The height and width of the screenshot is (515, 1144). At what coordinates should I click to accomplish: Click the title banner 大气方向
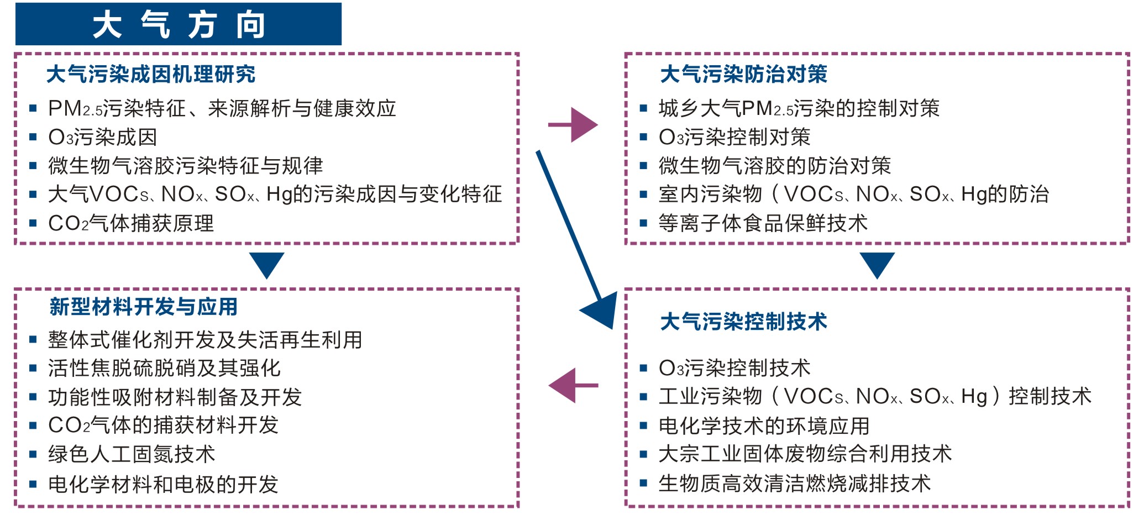tap(178, 24)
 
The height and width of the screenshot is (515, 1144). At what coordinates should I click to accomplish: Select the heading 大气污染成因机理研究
tap(151, 74)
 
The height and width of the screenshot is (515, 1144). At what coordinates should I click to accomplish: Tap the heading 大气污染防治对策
tap(744, 74)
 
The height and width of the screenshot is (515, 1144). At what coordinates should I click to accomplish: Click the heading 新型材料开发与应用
tap(144, 307)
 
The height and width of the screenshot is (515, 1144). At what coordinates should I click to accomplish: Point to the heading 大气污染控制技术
tap(744, 322)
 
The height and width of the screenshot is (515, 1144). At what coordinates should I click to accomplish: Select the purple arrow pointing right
tap(573, 125)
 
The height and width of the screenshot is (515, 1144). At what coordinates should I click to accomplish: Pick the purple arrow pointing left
tap(573, 385)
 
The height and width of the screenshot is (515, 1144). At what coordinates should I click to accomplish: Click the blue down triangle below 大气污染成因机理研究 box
tap(267, 265)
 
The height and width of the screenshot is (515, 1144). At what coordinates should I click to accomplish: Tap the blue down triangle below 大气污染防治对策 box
tap(877, 265)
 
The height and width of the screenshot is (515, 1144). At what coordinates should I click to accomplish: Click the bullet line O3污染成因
tap(103, 137)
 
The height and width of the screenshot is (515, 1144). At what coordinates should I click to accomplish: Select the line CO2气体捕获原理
tap(131, 223)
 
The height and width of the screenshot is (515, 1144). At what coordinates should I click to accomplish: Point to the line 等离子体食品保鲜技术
tap(763, 223)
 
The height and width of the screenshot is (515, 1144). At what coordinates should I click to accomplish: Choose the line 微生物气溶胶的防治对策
tap(775, 166)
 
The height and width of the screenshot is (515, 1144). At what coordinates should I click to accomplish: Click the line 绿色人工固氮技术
tap(132, 454)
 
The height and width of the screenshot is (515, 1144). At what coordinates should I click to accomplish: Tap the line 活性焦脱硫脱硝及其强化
tap(164, 368)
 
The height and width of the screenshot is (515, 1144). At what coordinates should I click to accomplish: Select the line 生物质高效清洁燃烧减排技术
tap(795, 484)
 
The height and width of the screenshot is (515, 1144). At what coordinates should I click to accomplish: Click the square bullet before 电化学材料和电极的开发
tap(33, 485)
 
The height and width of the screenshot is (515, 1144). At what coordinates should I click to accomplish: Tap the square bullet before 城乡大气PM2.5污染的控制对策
tap(643, 108)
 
